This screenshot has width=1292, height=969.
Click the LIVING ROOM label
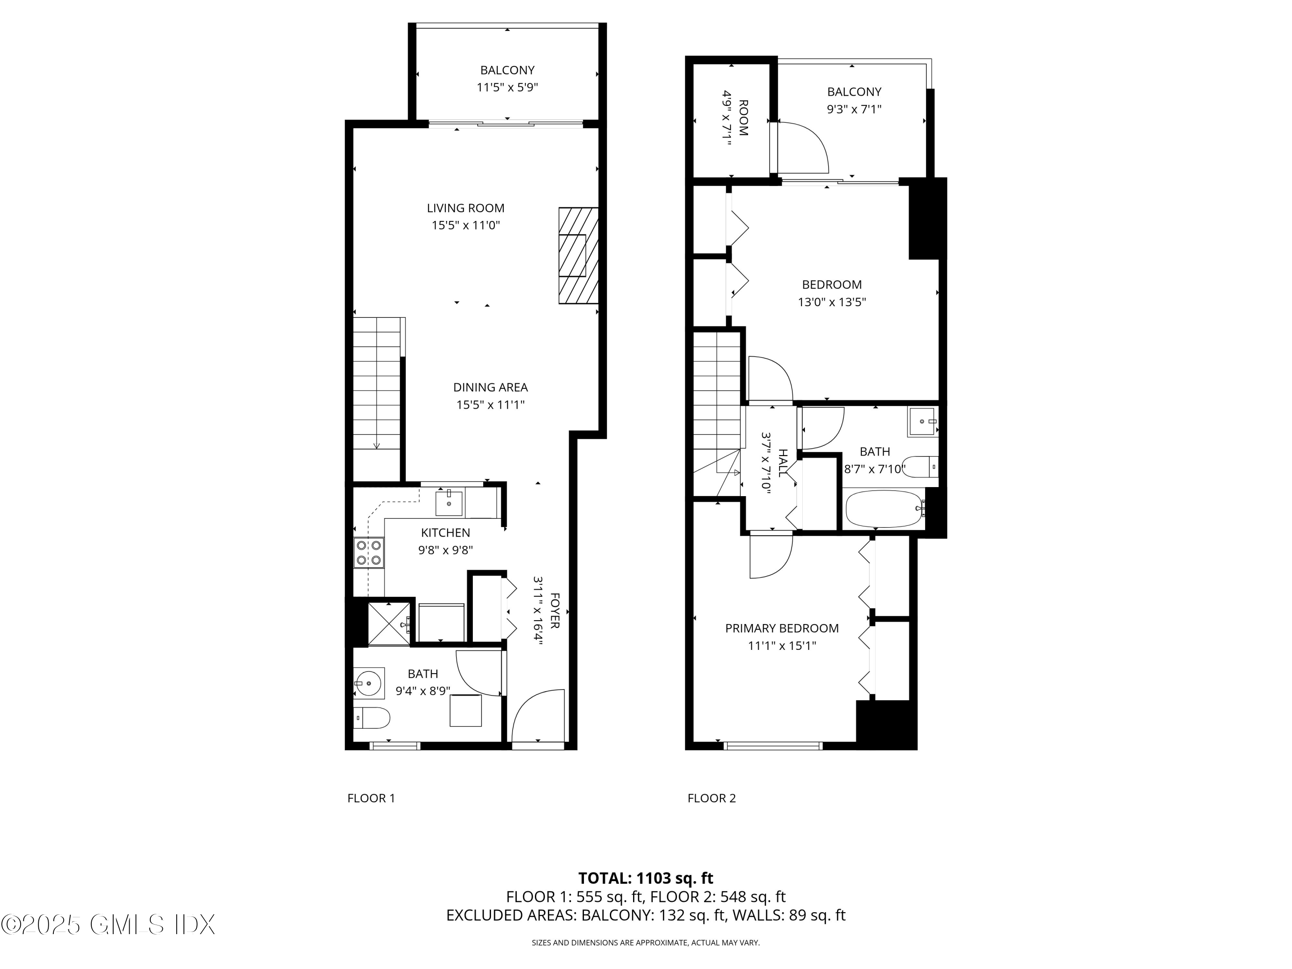pyautogui.click(x=466, y=208)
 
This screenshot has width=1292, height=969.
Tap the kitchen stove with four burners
pyautogui.click(x=369, y=553)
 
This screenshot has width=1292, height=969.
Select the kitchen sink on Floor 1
pyautogui.click(x=449, y=503)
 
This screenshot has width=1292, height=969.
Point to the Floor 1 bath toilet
pyautogui.click(x=372, y=718)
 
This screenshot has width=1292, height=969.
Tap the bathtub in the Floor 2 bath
pyautogui.click(x=884, y=509)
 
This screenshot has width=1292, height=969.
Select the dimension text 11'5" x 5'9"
pyautogui.click(x=507, y=87)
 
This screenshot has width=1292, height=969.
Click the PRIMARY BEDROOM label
pyautogui.click(x=782, y=628)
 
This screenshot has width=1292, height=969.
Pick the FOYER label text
pyautogui.click(x=555, y=611)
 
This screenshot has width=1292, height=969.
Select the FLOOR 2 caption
pyautogui.click(x=711, y=798)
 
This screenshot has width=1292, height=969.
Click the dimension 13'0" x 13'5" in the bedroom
pyautogui.click(x=832, y=302)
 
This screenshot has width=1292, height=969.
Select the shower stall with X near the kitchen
pyautogui.click(x=388, y=624)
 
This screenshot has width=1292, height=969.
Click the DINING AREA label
pyautogui.click(x=490, y=387)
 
